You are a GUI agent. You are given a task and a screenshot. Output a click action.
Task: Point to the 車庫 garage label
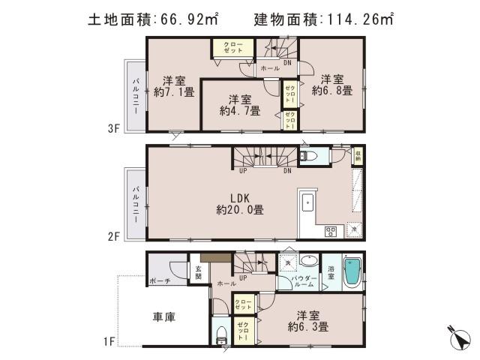coord(165,317)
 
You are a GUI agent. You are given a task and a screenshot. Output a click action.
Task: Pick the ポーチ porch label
coord(159,281)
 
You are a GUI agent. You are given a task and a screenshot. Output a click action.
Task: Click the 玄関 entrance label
coord(199,272)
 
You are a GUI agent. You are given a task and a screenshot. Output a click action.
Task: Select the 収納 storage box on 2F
coord(358,157)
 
